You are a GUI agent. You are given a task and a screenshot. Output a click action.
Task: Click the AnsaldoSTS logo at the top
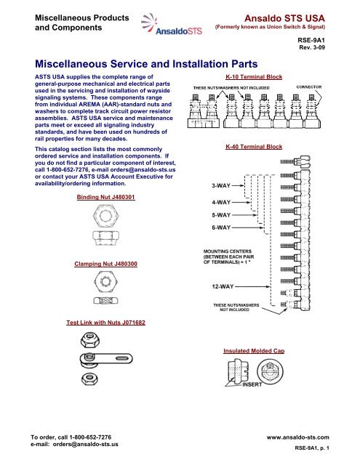point(172,24)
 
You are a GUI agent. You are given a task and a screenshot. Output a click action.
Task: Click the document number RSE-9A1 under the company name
point(311,41)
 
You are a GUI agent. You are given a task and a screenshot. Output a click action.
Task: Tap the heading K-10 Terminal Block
point(254,77)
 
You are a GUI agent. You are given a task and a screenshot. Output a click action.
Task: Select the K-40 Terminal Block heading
point(254,147)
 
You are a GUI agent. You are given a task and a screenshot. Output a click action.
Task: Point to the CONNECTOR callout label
point(309,87)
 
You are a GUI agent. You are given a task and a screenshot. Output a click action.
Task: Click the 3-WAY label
point(221,186)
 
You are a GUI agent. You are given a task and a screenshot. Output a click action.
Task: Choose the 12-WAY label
point(223,286)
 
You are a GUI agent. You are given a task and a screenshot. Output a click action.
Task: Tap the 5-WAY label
point(221,215)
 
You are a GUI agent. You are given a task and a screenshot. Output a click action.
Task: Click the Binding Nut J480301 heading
point(105,197)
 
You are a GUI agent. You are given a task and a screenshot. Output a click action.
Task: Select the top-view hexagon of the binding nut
point(105,215)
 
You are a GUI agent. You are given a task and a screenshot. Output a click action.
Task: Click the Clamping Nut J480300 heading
point(105,264)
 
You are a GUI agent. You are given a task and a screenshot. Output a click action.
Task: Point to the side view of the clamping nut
point(105,300)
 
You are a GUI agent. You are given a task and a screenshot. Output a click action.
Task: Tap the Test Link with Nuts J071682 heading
point(105,323)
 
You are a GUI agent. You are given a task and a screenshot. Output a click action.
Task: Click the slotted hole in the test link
point(124,358)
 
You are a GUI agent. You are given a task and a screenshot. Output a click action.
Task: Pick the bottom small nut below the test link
point(89,379)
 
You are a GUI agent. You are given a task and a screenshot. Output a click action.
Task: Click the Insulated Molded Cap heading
point(254,351)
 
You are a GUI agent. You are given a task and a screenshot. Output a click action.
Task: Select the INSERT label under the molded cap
point(252,384)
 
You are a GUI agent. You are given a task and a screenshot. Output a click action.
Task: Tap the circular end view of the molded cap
point(270,372)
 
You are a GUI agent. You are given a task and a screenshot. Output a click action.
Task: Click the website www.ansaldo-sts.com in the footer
point(297,437)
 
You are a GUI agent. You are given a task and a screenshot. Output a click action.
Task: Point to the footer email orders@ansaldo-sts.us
point(86,444)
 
